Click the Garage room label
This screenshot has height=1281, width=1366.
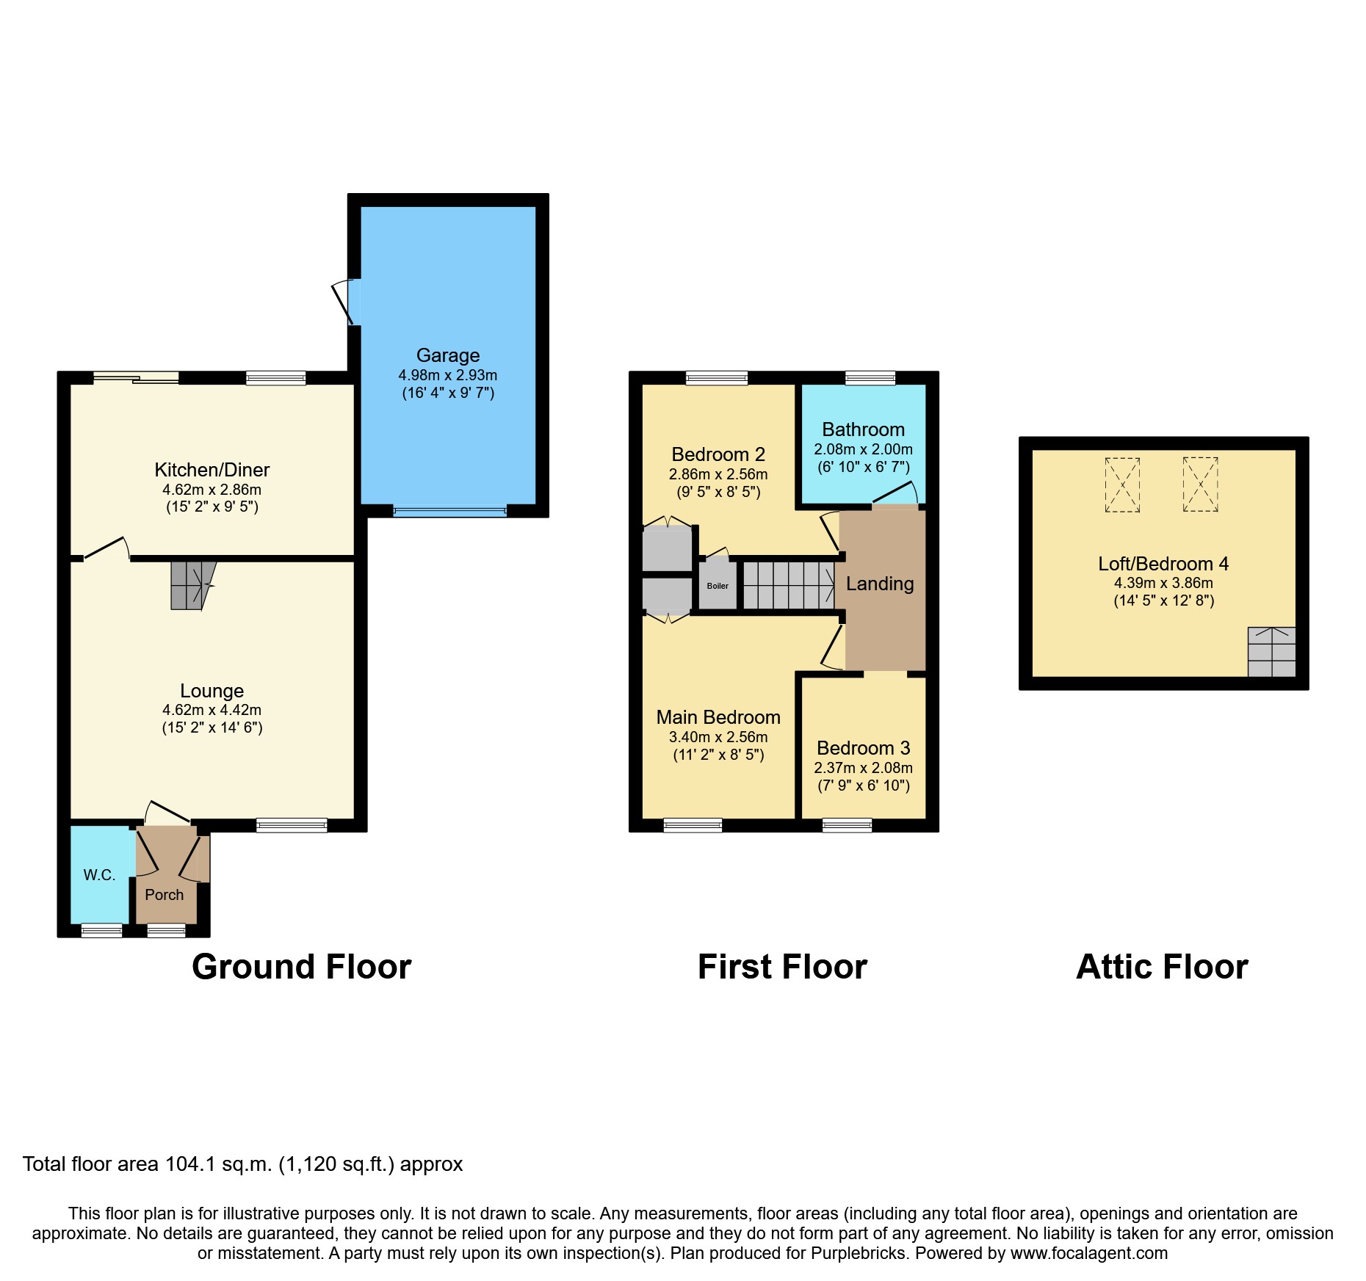point(447,355)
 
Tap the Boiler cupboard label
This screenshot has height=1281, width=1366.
point(718,586)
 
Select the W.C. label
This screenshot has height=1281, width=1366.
point(99,874)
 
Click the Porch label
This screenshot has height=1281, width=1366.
point(165,894)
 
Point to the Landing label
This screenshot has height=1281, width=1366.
point(880,584)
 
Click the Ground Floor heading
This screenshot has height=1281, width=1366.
point(301,967)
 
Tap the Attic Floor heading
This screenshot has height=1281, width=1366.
point(1162,967)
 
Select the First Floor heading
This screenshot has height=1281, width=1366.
point(782,967)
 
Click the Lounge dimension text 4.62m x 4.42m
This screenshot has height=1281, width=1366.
point(212,710)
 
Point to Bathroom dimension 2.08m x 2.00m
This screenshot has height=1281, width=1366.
point(863,449)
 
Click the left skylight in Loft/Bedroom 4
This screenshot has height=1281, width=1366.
point(1122,485)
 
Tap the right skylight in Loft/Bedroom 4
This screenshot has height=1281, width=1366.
point(1200,485)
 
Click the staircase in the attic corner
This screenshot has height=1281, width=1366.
point(1271,651)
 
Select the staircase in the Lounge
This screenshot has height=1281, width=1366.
point(191,585)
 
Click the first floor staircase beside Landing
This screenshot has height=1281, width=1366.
point(789,585)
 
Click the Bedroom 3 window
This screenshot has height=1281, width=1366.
point(847,825)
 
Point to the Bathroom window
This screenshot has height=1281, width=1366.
point(870,378)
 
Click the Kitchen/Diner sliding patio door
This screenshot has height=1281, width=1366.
point(136,378)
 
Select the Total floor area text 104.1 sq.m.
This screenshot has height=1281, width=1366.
point(242,1164)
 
